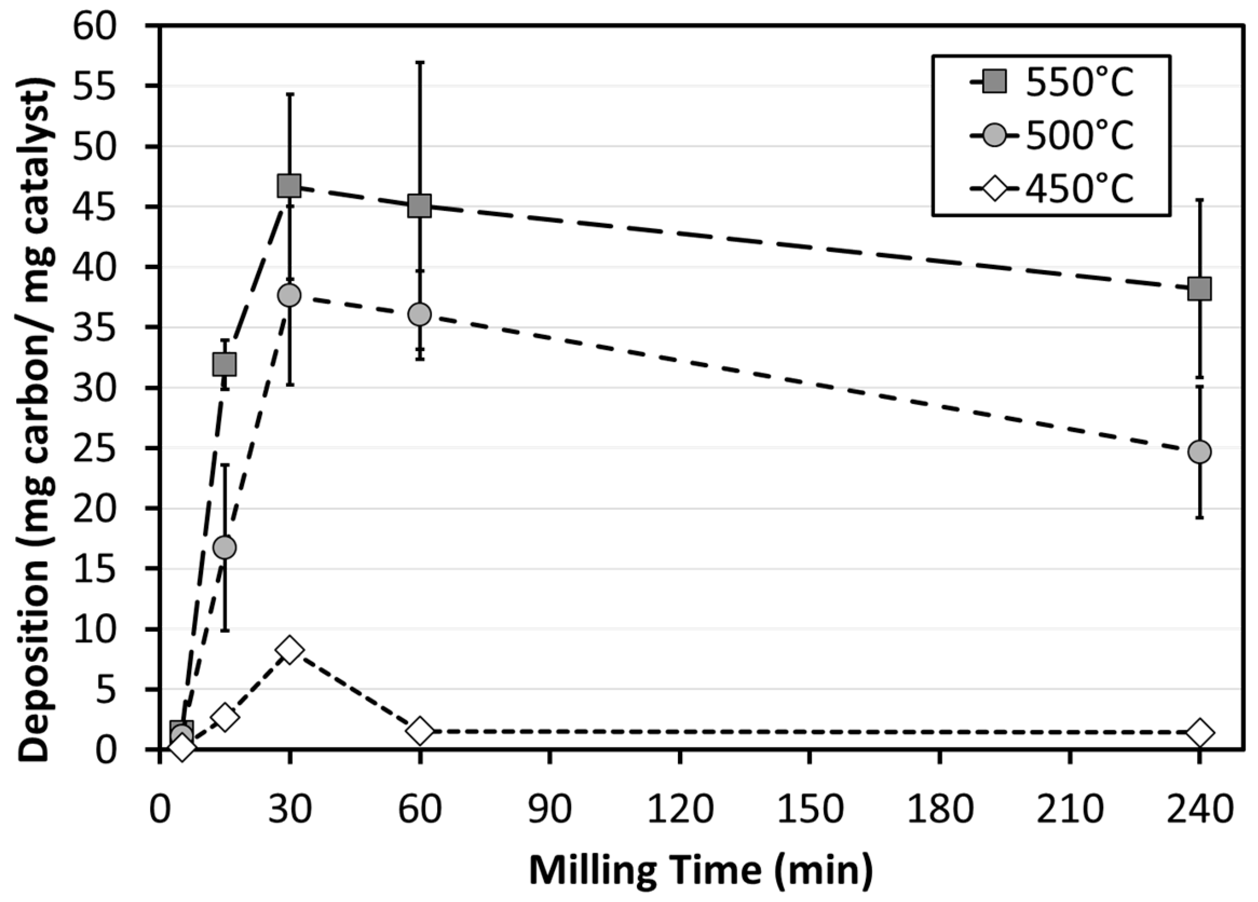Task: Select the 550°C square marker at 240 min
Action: click(1199, 288)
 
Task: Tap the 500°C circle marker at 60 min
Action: click(419, 315)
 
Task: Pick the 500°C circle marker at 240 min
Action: click(1199, 452)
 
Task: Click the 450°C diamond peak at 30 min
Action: click(289, 649)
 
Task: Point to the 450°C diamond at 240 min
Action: click(1199, 732)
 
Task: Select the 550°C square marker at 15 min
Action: click(225, 364)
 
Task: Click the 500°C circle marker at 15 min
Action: click(225, 547)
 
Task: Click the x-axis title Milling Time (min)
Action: click(700, 870)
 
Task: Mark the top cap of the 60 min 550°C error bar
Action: click(420, 62)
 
